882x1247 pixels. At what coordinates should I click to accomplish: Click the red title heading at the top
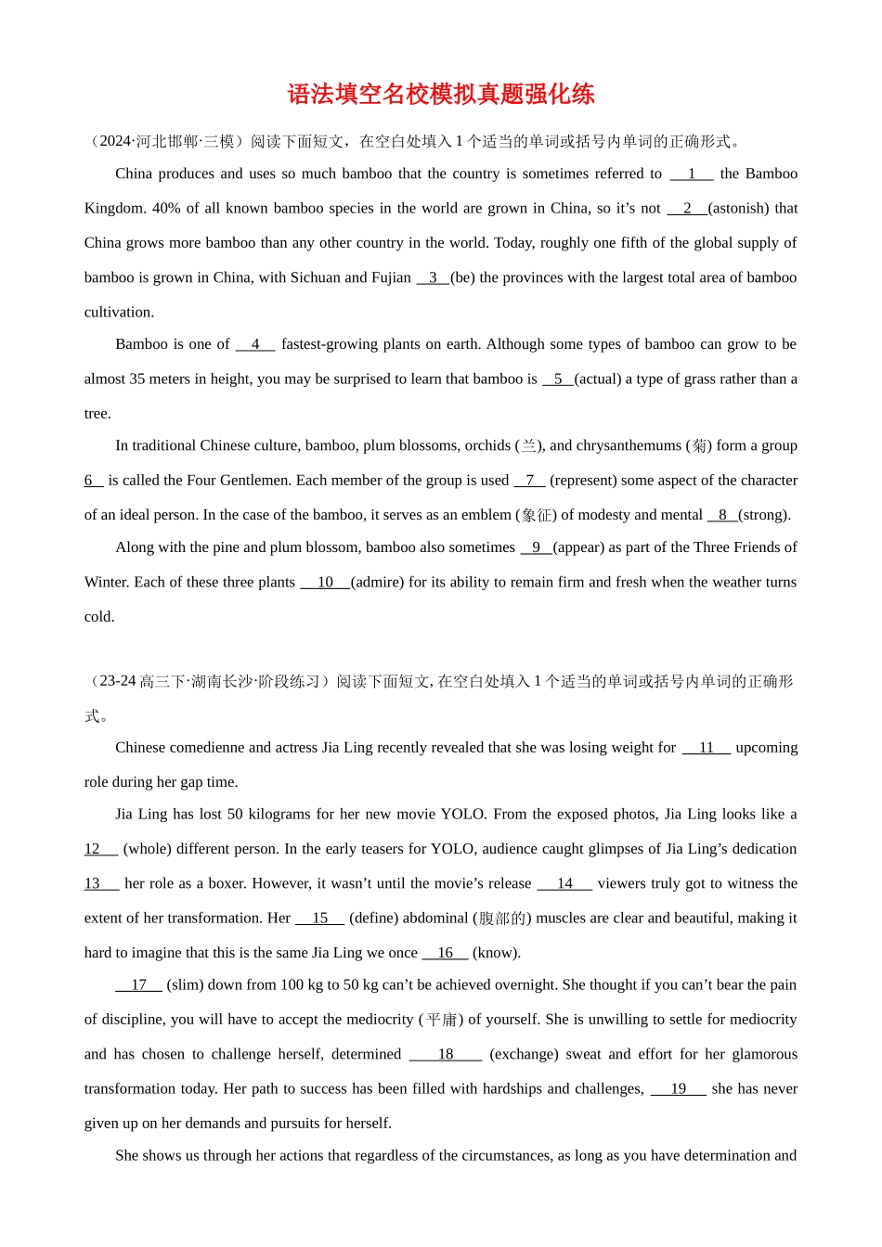pyautogui.click(x=441, y=94)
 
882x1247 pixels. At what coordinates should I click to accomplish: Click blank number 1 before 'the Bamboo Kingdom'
pyautogui.click(x=692, y=174)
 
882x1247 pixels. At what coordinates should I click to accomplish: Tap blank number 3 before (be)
pyautogui.click(x=433, y=277)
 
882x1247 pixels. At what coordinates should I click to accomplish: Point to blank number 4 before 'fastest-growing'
pyautogui.click(x=255, y=344)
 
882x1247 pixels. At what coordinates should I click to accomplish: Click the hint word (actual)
pyautogui.click(x=598, y=379)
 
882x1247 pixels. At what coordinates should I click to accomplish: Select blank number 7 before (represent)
pyautogui.click(x=529, y=480)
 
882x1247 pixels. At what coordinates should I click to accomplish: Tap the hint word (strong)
pyautogui.click(x=764, y=515)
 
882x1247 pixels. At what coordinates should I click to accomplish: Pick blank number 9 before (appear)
pyautogui.click(x=536, y=547)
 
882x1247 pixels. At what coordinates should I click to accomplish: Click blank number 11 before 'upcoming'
pyautogui.click(x=707, y=748)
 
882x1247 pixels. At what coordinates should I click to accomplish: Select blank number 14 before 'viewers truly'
pyautogui.click(x=564, y=883)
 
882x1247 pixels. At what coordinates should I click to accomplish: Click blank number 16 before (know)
pyautogui.click(x=445, y=953)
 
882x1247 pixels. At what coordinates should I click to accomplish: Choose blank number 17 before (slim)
pyautogui.click(x=138, y=984)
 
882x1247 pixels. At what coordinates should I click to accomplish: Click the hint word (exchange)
pyautogui.click(x=524, y=1054)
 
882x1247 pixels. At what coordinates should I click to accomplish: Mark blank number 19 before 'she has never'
pyautogui.click(x=678, y=1088)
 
